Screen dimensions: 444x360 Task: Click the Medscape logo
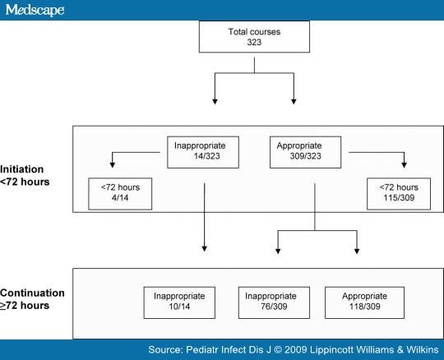(35, 10)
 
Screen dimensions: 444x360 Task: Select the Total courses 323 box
(254, 36)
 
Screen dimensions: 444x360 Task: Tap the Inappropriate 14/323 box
(203, 152)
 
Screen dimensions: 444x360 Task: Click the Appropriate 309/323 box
(305, 152)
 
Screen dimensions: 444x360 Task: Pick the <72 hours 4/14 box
(120, 194)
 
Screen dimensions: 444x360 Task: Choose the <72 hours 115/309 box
(399, 194)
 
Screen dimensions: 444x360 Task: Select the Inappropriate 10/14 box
(179, 302)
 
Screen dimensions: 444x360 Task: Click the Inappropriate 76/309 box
(274, 302)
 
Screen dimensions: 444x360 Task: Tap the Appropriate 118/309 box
(364, 302)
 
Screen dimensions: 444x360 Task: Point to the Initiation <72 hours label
(25, 175)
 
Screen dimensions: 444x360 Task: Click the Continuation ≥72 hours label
(32, 299)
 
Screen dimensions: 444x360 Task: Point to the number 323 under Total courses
(254, 42)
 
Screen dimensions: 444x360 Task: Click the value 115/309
(399, 197)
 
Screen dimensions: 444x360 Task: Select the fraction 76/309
(274, 307)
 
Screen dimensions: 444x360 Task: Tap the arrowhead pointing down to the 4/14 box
(113, 164)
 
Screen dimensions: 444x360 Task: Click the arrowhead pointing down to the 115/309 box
(404, 164)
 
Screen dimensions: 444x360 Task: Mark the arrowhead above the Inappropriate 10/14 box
(204, 248)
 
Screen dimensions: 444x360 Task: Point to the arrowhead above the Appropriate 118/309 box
(357, 251)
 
